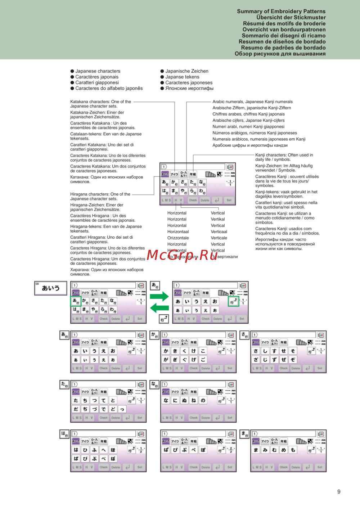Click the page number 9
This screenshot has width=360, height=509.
pyautogui.click(x=339, y=492)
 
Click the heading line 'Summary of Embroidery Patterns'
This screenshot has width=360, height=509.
pyautogui.click(x=281, y=11)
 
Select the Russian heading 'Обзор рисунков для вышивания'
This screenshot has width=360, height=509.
pyautogui.click(x=280, y=54)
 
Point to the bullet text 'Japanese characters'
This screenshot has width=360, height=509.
pyautogui.click(x=98, y=71)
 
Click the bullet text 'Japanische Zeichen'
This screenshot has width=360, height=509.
pyautogui.click(x=186, y=71)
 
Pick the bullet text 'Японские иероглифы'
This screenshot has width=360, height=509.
pyautogui.click(x=189, y=88)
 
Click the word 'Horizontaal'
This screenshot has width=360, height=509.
pyautogui.click(x=178, y=232)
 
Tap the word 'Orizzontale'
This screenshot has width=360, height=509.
pyautogui.click(x=178, y=238)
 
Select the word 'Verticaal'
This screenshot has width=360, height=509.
pyautogui.click(x=219, y=232)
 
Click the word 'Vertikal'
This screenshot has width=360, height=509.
pyautogui.click(x=218, y=219)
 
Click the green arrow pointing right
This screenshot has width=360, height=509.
pyautogui.click(x=159, y=297)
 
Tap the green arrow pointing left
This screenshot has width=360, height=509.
pyautogui.click(x=159, y=308)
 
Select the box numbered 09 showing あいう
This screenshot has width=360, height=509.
pyautogui.click(x=51, y=288)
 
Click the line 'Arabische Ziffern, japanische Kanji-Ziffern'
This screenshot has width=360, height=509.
pyautogui.click(x=252, y=108)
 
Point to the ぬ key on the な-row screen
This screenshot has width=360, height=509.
pyautogui.click(x=184, y=400)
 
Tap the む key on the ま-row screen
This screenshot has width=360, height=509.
pyautogui.click(x=274, y=450)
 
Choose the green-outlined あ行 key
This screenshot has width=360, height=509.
pyautogui.click(x=76, y=301)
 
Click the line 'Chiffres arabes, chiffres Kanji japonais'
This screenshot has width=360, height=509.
pyautogui.click(x=248, y=114)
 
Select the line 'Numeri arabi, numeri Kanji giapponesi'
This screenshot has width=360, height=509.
pyautogui.click(x=248, y=127)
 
